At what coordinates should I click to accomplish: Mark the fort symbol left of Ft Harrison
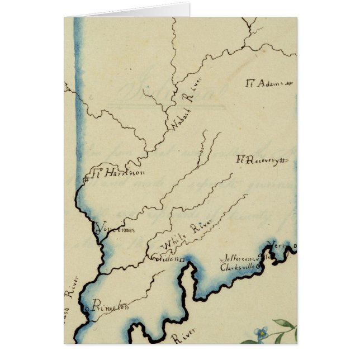tap(87, 179)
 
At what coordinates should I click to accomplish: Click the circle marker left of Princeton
tap(86, 307)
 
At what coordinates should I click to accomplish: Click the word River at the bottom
tap(182, 337)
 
